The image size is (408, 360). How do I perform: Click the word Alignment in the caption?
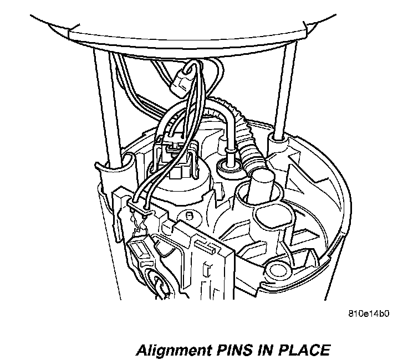tap(172, 351)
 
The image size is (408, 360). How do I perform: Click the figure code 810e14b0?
tap(369, 313)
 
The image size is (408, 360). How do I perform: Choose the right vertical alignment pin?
tap(283, 94)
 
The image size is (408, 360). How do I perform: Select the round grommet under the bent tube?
tap(228, 164)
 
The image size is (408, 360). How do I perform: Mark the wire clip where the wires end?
tap(139, 206)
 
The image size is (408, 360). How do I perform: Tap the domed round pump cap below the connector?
tap(183, 191)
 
